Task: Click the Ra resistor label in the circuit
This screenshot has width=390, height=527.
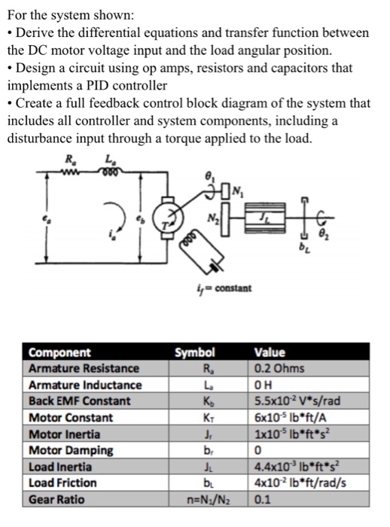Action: point(70,160)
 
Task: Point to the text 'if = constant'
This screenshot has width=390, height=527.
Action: point(224,288)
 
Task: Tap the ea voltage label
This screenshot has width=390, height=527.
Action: point(44,218)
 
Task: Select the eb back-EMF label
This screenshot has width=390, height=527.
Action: point(139,218)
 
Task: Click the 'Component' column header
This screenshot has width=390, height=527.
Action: point(59,352)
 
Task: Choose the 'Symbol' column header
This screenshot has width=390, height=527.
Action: point(195,352)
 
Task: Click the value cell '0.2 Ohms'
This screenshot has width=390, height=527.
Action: point(279,368)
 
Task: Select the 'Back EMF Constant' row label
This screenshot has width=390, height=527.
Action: point(79,401)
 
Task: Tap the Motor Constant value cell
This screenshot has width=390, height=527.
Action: point(291,417)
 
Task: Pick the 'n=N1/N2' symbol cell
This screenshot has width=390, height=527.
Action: point(209,500)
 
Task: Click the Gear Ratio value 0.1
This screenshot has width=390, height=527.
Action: point(262,499)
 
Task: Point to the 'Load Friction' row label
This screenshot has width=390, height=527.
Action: point(62,483)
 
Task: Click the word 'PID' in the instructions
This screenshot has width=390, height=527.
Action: point(98,85)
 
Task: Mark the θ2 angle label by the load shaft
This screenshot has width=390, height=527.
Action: point(322,233)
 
